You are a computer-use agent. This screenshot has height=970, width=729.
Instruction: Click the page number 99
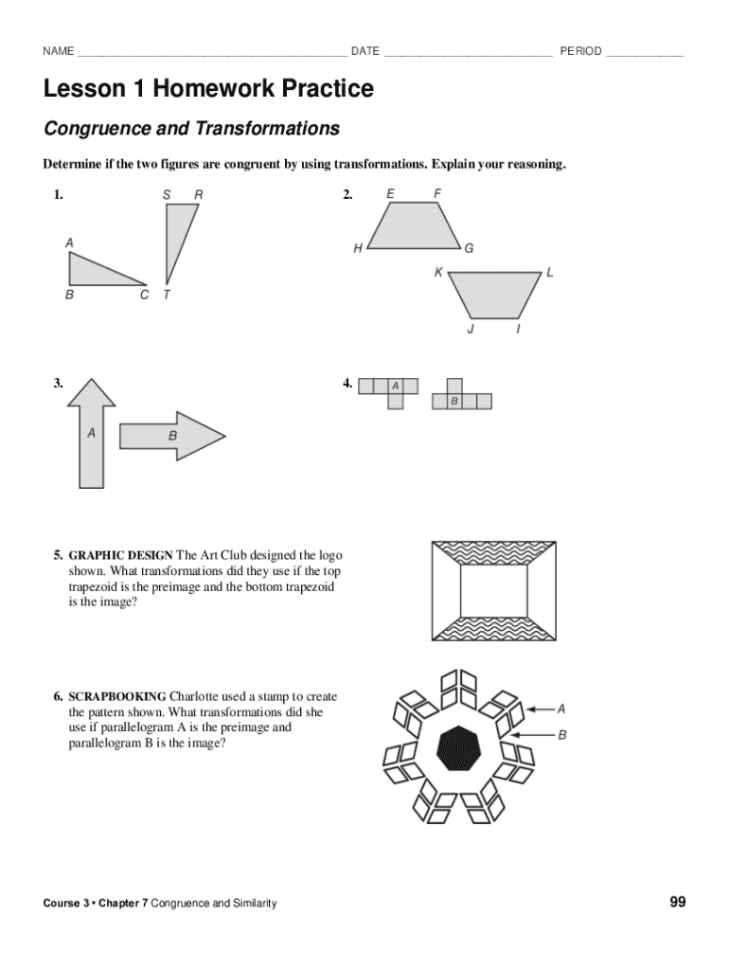click(x=677, y=902)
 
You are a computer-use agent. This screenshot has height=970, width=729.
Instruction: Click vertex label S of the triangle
click(x=167, y=195)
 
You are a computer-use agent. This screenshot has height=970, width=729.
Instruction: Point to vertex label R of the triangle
click(x=198, y=195)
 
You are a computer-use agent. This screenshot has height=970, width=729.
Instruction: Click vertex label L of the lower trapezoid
click(x=550, y=272)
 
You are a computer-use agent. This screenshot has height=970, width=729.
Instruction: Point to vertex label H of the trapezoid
click(x=358, y=248)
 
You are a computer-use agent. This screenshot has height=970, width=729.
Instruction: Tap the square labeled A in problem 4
click(x=396, y=386)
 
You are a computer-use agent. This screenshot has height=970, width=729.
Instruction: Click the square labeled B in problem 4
click(x=454, y=402)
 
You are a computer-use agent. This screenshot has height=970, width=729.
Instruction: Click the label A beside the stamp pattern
click(x=561, y=708)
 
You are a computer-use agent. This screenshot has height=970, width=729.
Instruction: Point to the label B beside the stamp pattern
click(x=562, y=734)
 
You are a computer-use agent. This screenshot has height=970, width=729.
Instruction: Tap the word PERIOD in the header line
click(x=580, y=51)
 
